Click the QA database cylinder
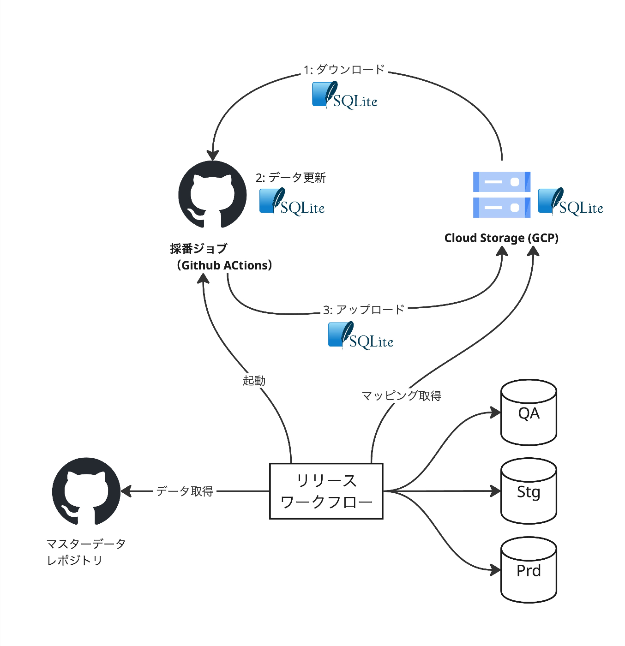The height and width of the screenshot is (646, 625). point(529,413)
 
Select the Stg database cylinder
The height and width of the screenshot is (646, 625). point(529,491)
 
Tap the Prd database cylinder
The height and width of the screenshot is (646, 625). point(529,570)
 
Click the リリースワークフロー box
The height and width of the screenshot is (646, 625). point(326,491)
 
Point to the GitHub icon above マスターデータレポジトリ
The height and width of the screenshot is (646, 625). point(86,491)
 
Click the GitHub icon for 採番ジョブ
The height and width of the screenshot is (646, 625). point(212,194)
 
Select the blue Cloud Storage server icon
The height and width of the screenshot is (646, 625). point(502,194)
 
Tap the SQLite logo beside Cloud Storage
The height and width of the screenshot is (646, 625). point(571,202)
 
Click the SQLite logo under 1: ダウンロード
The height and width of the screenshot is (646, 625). point(344,96)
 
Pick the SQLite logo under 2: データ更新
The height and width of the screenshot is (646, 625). point(292,202)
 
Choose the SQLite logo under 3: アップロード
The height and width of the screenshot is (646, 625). point(361,335)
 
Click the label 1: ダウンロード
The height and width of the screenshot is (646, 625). point(344,70)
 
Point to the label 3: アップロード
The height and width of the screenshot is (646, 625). point(364,309)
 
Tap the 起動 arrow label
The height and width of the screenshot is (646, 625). point(254,381)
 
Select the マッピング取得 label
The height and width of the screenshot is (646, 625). point(401,395)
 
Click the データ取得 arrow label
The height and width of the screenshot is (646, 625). point(185,491)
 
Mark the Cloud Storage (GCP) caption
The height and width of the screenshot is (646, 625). point(501,238)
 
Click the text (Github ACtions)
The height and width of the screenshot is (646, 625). point(224,265)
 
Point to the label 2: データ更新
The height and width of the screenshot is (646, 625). point(291,178)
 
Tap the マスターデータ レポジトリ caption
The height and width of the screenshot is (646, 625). point(86,552)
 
